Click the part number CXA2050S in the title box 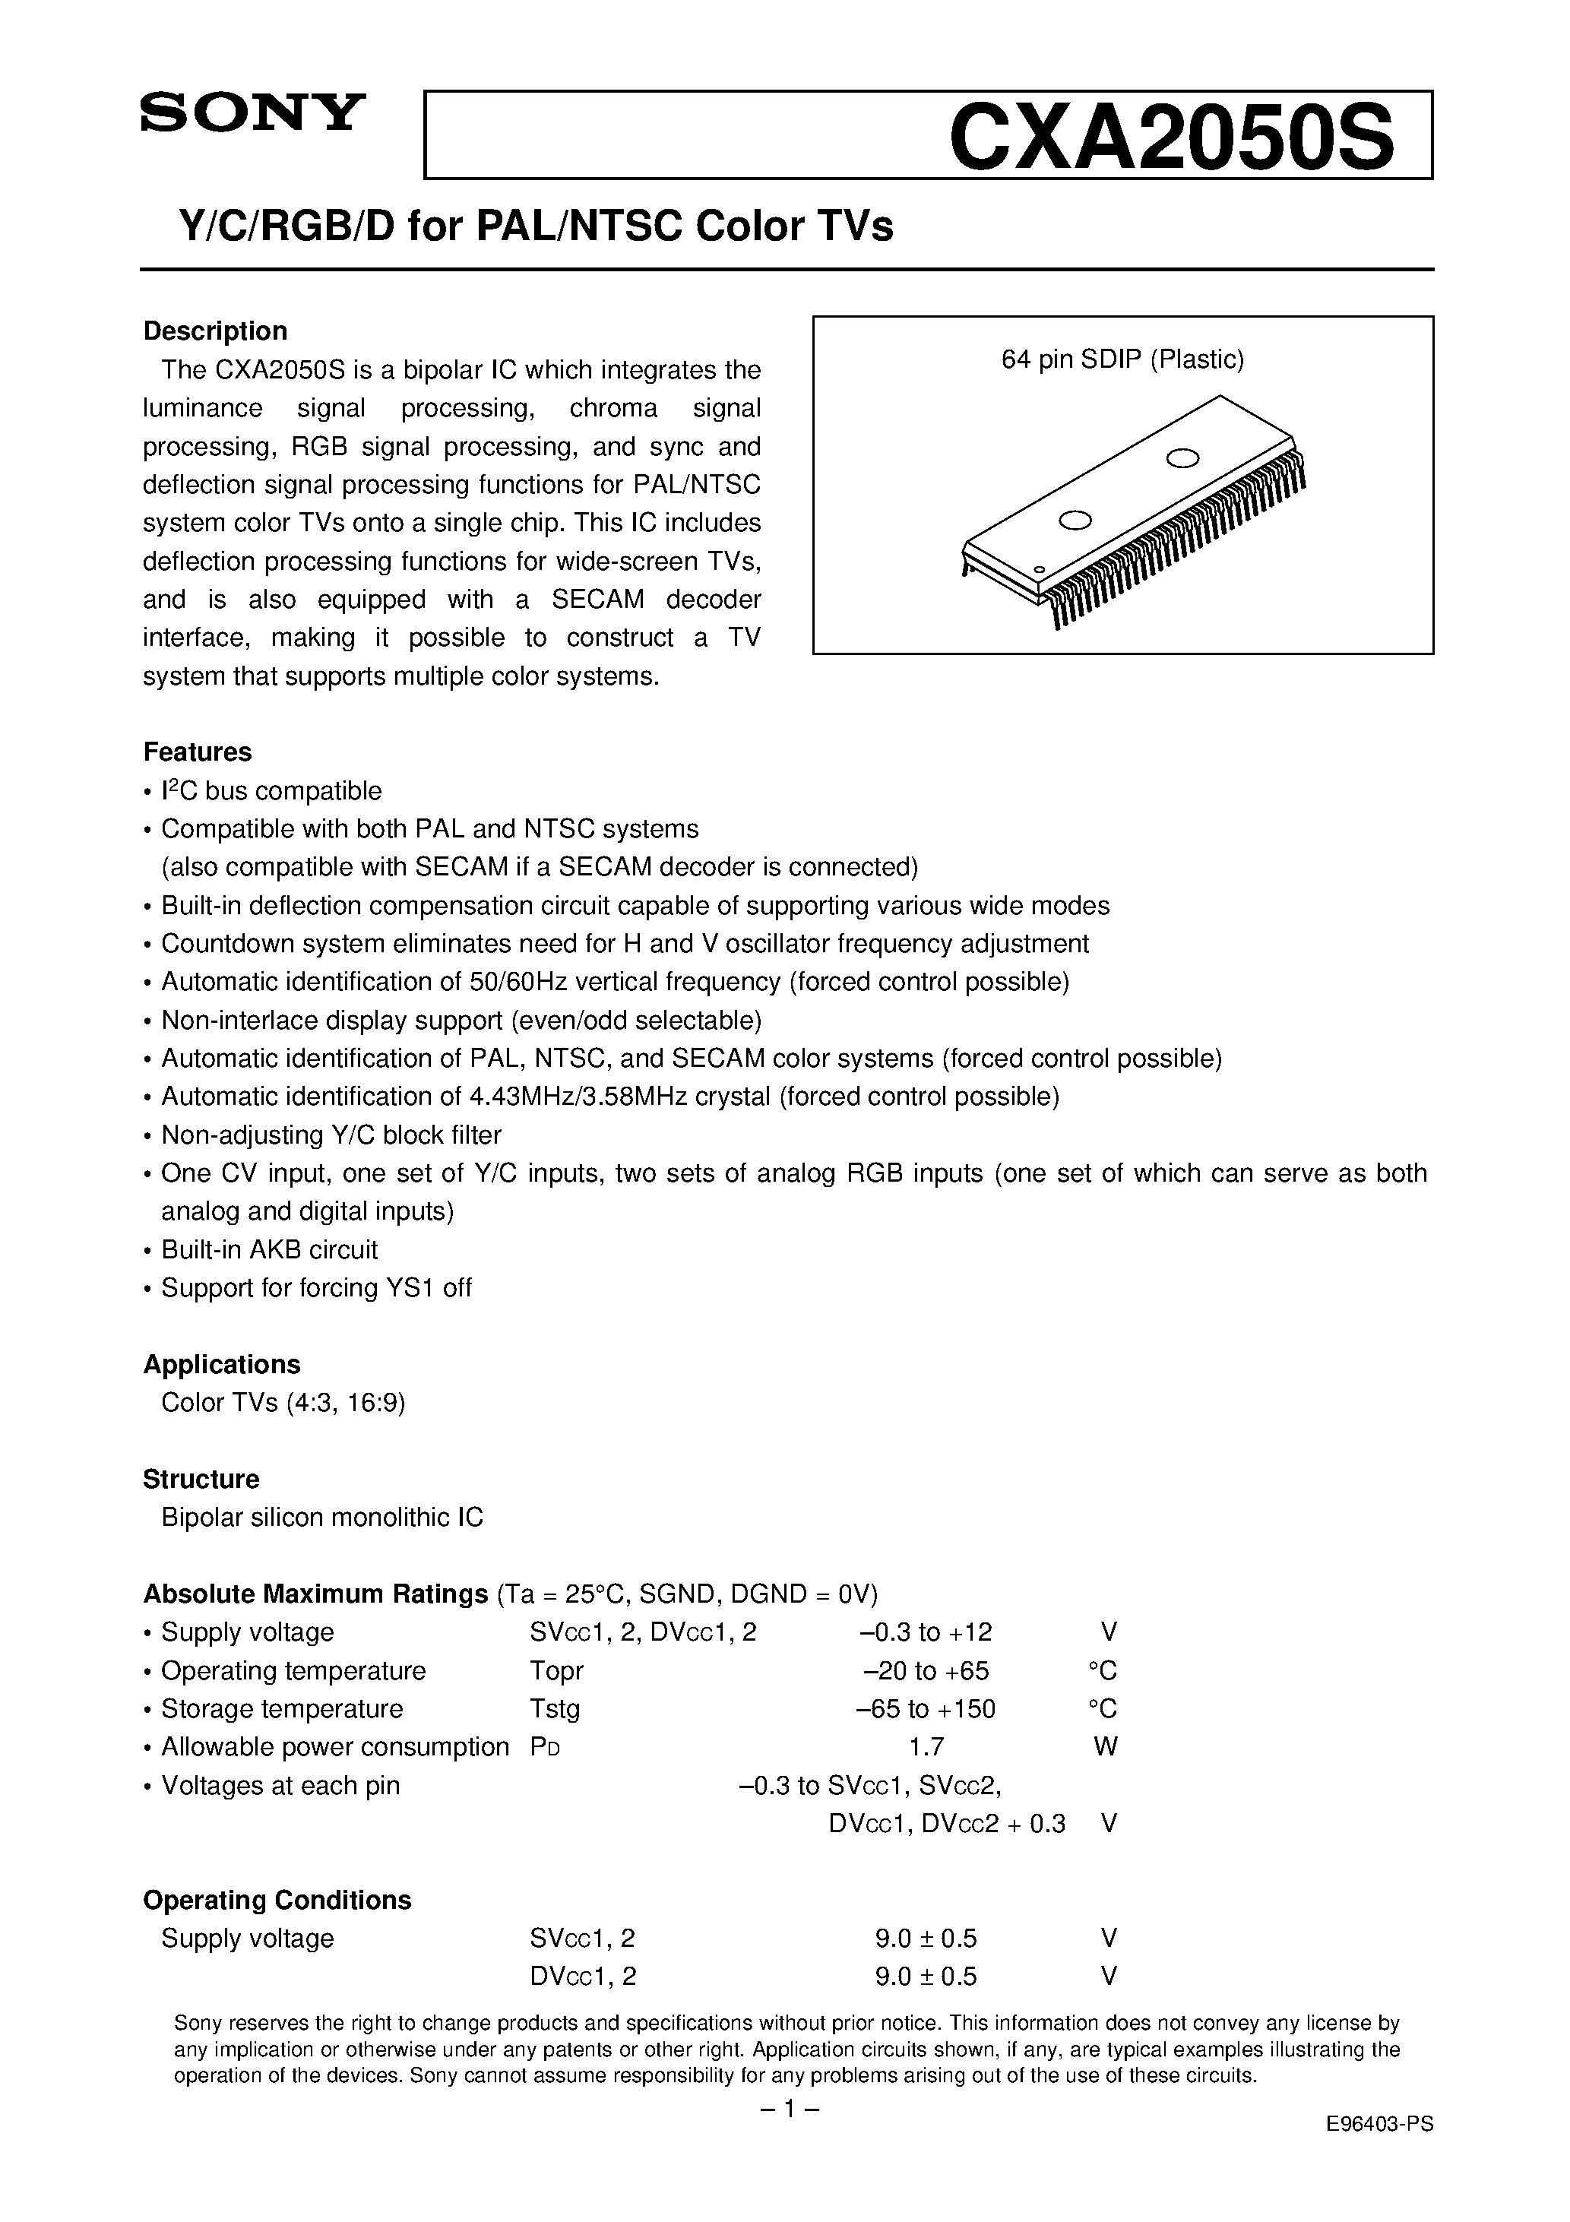[x=1170, y=137]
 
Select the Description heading [x=215, y=331]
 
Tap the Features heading [x=197, y=752]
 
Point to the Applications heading [x=222, y=1365]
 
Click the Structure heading [x=201, y=1479]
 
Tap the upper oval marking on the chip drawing [x=1182, y=457]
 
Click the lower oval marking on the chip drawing [x=1075, y=521]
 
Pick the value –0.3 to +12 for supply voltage [x=926, y=1632]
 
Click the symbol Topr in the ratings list [x=556, y=1671]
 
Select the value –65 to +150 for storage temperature [x=926, y=1709]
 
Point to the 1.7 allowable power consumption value [x=926, y=1747]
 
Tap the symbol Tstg [x=555, y=1709]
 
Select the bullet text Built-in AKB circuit [x=269, y=1249]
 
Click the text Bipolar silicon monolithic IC [x=321, y=1518]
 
